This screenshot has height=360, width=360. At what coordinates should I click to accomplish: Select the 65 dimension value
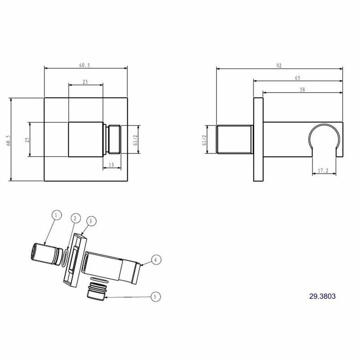coord(297,78)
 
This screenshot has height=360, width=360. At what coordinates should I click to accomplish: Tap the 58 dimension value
coord(302,90)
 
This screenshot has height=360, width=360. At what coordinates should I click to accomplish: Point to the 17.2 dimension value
coord(323,171)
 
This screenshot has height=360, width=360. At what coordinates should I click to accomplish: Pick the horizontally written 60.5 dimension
coord(85,65)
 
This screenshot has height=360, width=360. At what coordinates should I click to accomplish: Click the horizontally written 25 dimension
coord(85,82)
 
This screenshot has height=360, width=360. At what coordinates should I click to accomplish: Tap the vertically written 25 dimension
coord(27,140)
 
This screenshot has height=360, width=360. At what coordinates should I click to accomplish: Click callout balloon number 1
coord(56,216)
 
